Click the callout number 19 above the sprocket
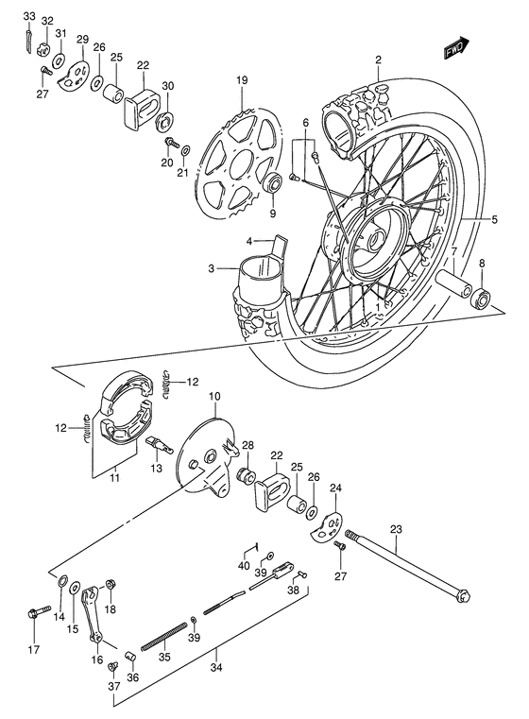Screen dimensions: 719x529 (x=242, y=81)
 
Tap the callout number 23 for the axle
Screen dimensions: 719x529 (x=396, y=530)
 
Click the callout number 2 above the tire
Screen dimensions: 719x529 (x=377, y=60)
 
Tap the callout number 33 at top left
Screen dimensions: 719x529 (x=27, y=17)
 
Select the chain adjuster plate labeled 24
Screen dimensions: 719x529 (x=327, y=525)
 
